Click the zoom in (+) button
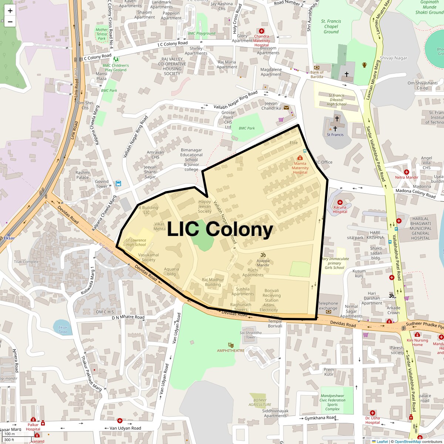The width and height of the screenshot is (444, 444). (10, 11)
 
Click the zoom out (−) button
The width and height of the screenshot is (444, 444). (10, 22)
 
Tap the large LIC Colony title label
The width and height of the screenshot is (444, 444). (220, 229)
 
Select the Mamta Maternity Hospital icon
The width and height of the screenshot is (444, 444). (300, 158)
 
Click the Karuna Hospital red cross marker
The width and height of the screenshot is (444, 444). (340, 202)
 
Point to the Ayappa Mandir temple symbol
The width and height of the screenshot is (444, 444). (263, 255)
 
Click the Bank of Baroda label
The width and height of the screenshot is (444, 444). (317, 74)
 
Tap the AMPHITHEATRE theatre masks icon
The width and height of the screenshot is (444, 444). (231, 345)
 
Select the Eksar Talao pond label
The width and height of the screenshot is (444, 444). (63, 329)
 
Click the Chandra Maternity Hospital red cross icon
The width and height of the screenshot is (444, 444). (262, 31)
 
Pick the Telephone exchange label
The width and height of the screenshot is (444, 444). (328, 306)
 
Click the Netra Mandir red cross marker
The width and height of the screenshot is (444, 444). (406, 172)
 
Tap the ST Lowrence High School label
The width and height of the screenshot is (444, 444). (136, 242)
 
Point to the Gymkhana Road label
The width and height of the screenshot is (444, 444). (320, 418)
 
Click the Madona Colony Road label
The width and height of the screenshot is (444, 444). (416, 193)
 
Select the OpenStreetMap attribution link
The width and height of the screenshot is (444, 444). (407, 441)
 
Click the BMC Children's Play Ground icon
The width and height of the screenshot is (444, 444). (116, 59)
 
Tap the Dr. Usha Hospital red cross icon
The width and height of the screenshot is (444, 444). (373, 413)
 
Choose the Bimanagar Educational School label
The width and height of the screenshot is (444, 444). (191, 160)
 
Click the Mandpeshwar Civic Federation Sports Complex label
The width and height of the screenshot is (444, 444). (333, 402)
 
